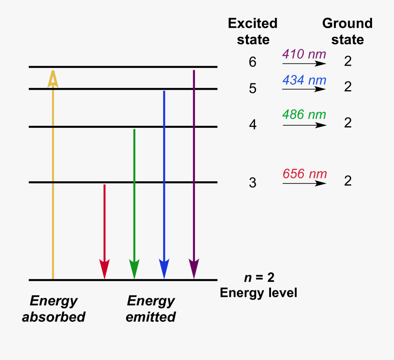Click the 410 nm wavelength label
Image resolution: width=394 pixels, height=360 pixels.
(x=304, y=54)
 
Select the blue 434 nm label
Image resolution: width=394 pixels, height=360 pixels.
(x=304, y=80)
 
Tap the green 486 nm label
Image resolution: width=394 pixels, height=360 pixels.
(x=304, y=115)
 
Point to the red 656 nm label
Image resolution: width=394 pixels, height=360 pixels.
(x=305, y=174)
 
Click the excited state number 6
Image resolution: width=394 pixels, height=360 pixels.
(x=253, y=62)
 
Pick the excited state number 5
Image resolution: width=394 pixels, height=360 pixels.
(x=253, y=89)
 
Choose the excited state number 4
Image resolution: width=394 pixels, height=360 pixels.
(x=253, y=125)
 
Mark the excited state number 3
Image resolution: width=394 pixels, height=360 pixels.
(x=253, y=183)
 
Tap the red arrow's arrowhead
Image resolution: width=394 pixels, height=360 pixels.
(x=104, y=268)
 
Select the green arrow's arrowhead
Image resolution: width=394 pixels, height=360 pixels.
(x=134, y=268)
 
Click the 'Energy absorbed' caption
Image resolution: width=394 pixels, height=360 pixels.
(x=53, y=309)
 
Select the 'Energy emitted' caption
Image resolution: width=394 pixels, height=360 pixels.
(x=151, y=309)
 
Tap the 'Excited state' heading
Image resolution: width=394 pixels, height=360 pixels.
(x=253, y=32)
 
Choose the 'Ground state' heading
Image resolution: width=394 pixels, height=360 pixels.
(x=348, y=32)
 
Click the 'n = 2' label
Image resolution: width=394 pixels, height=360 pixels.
(x=260, y=278)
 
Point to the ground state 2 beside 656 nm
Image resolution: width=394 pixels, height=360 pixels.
(x=348, y=181)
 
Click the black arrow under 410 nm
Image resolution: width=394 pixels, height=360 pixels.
(x=304, y=64)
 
